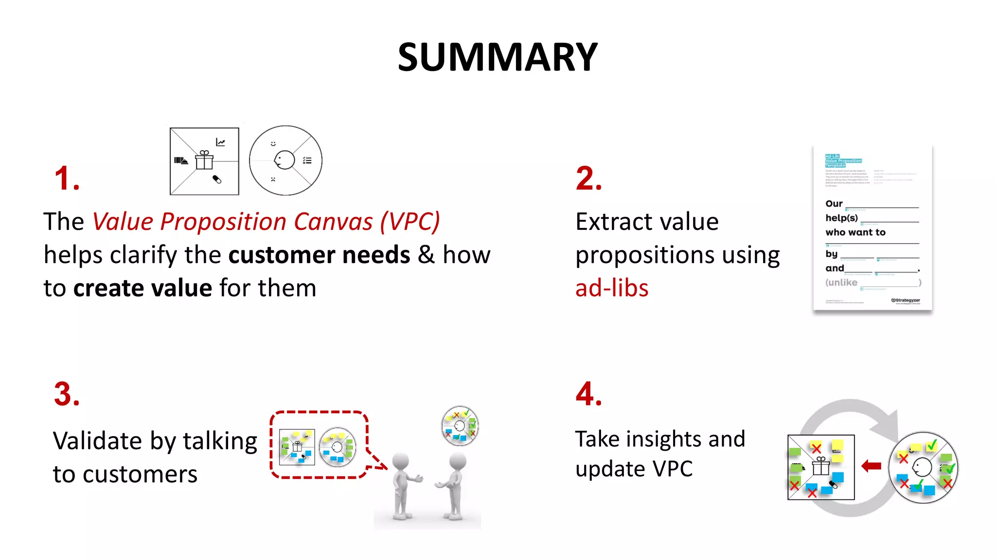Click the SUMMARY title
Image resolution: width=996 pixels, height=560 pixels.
tap(498, 57)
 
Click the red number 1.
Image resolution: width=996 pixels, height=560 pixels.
tap(67, 178)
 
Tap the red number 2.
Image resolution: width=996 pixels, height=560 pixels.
tap(588, 178)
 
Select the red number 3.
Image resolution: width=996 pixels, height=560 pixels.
tap(67, 394)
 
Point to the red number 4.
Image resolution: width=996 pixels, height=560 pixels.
tap(588, 394)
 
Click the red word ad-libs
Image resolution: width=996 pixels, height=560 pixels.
tap(612, 288)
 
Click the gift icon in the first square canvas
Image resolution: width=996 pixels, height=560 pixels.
tap(204, 160)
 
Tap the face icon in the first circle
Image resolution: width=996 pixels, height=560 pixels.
tap(285, 159)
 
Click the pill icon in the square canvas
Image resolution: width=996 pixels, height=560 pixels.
tap(217, 179)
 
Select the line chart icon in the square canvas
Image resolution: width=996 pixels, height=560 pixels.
tap(220, 142)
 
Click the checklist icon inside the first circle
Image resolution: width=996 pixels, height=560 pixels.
tap(307, 160)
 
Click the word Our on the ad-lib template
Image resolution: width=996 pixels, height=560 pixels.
tap(834, 204)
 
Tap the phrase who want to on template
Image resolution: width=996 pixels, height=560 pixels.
tap(855, 232)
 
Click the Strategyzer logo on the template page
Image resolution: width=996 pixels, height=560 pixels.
tap(906, 300)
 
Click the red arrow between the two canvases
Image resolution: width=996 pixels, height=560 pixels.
tap(871, 466)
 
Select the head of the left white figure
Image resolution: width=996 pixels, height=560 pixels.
tap(401, 461)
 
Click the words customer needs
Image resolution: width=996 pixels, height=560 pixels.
tap(320, 255)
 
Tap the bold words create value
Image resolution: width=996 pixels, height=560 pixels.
tap(142, 288)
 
